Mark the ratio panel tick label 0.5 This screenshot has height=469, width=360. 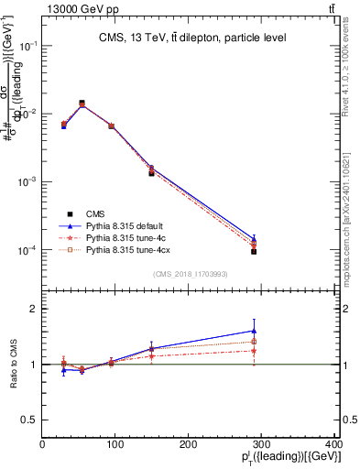pyautogui.click(x=29, y=420)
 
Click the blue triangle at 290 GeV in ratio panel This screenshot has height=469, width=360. pyautogui.click(x=254, y=331)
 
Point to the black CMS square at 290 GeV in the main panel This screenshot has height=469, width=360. pyautogui.click(x=254, y=251)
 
